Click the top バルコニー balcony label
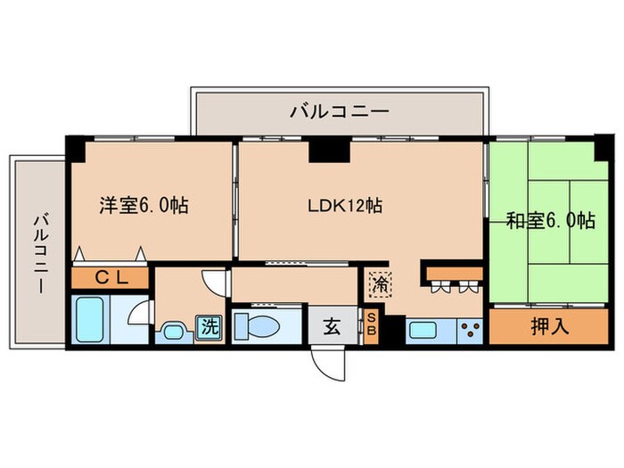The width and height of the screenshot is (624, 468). point(339,111)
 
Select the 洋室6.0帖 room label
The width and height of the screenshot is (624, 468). point(143,205)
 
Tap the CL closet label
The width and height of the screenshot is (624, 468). point(112,277)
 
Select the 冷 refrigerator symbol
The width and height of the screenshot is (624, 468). point(380,284)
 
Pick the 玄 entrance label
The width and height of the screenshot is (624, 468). point(331,326)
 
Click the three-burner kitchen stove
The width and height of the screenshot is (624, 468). point(469,330)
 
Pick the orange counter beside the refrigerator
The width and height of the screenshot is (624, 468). point(451,271)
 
